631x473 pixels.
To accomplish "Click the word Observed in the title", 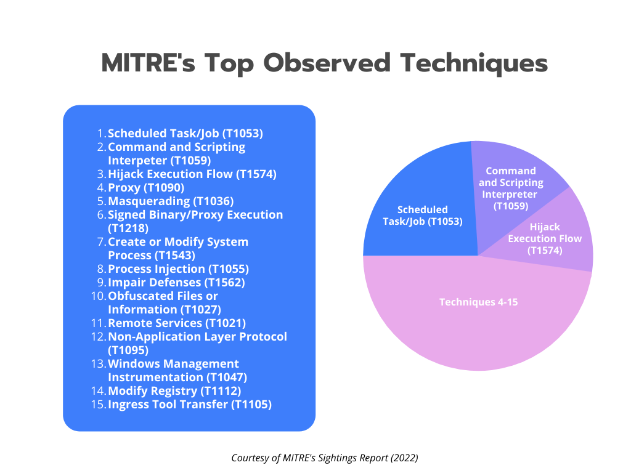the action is [327, 63].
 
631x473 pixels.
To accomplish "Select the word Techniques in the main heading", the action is [474, 63].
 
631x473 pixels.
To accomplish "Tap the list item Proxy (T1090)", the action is [146, 188].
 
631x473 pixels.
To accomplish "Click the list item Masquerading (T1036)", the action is [171, 201].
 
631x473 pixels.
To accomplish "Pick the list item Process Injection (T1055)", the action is [178, 269].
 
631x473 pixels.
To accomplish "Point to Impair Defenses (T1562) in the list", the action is [176, 282].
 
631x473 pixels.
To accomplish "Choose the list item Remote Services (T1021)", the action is [177, 323].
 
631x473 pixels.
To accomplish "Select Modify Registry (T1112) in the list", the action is [174, 391].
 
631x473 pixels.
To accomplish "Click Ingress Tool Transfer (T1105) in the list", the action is [190, 404].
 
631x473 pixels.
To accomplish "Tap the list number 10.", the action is [98, 296].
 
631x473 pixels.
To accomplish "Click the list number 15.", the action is [98, 404].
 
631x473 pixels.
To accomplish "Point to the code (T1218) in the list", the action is [128, 228].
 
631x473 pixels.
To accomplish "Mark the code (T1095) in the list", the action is [128, 350].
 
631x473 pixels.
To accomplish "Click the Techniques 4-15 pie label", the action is [478, 302].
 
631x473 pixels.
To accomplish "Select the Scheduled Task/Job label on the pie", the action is [423, 216].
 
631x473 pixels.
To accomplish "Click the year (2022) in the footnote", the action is [404, 458].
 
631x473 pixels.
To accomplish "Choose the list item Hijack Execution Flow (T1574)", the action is [192, 174].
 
